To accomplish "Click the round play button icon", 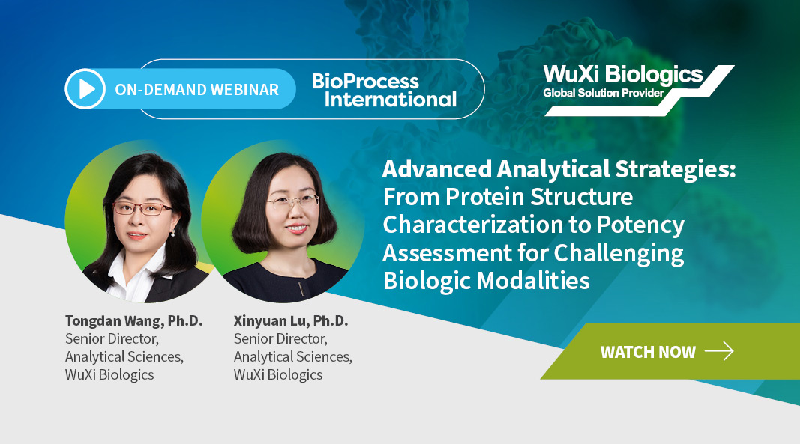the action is coord(85,88).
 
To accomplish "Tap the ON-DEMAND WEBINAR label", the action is coord(197,90).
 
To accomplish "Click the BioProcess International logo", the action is coord(384,90).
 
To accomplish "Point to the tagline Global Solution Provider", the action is coord(603,93).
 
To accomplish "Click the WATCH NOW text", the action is coord(648,352).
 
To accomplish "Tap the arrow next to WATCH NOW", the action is coord(719,351).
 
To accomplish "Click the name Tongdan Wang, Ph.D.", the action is coord(133,321).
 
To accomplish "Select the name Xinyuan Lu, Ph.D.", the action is coord(291,321).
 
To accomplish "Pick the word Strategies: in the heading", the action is coord(675,170).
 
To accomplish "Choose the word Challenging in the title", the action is coord(619,253).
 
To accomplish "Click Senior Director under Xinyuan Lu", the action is coord(280,339).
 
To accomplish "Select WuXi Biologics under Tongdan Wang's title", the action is coord(109,374).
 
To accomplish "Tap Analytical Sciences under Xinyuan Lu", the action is coord(293,357).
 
